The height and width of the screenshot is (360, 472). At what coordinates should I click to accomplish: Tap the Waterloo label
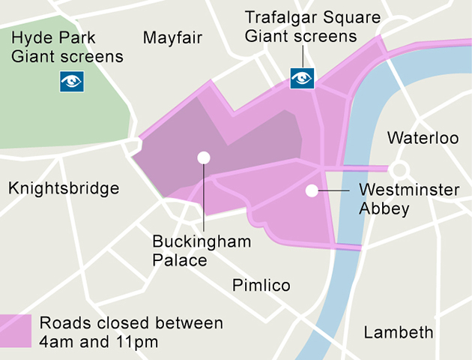pos(422,139)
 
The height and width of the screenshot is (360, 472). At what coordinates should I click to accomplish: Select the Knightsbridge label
pos(64,188)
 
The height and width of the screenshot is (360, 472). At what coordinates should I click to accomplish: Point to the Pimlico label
pos(261,286)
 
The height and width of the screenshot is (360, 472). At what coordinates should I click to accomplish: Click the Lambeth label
pos(398,332)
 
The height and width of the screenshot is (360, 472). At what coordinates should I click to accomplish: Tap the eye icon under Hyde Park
pos(72,81)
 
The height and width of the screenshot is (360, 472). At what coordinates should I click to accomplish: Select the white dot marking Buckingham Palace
pos(202,157)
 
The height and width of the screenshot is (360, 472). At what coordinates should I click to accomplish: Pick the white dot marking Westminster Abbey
pos(312,191)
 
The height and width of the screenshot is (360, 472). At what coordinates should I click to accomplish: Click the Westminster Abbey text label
pos(408,199)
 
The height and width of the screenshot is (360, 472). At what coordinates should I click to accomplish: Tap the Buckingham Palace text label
pos(202,250)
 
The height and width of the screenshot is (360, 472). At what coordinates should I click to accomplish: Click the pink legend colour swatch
pos(16,331)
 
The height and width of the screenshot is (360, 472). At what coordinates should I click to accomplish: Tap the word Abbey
pos(384,208)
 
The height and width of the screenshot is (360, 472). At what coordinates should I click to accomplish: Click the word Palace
pos(179,260)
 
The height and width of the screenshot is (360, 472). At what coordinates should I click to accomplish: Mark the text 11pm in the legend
pos(137,341)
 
